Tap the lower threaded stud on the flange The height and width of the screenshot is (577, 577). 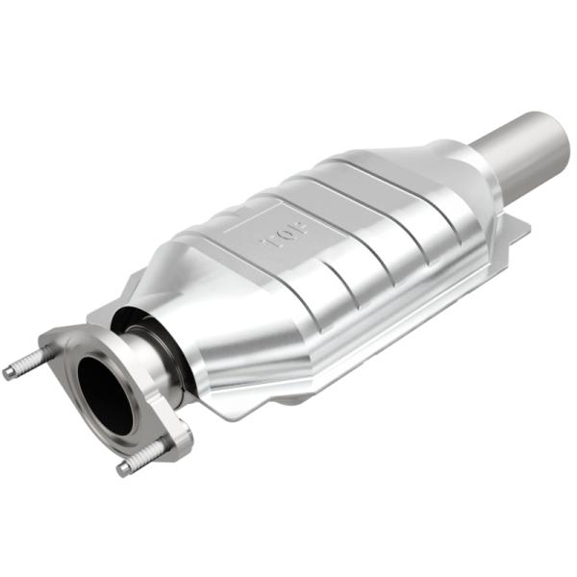coord(142,458)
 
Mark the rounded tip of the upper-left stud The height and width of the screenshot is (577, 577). coord(9,373)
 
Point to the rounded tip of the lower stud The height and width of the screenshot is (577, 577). coord(123,468)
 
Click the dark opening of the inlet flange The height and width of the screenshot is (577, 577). coord(104,391)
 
